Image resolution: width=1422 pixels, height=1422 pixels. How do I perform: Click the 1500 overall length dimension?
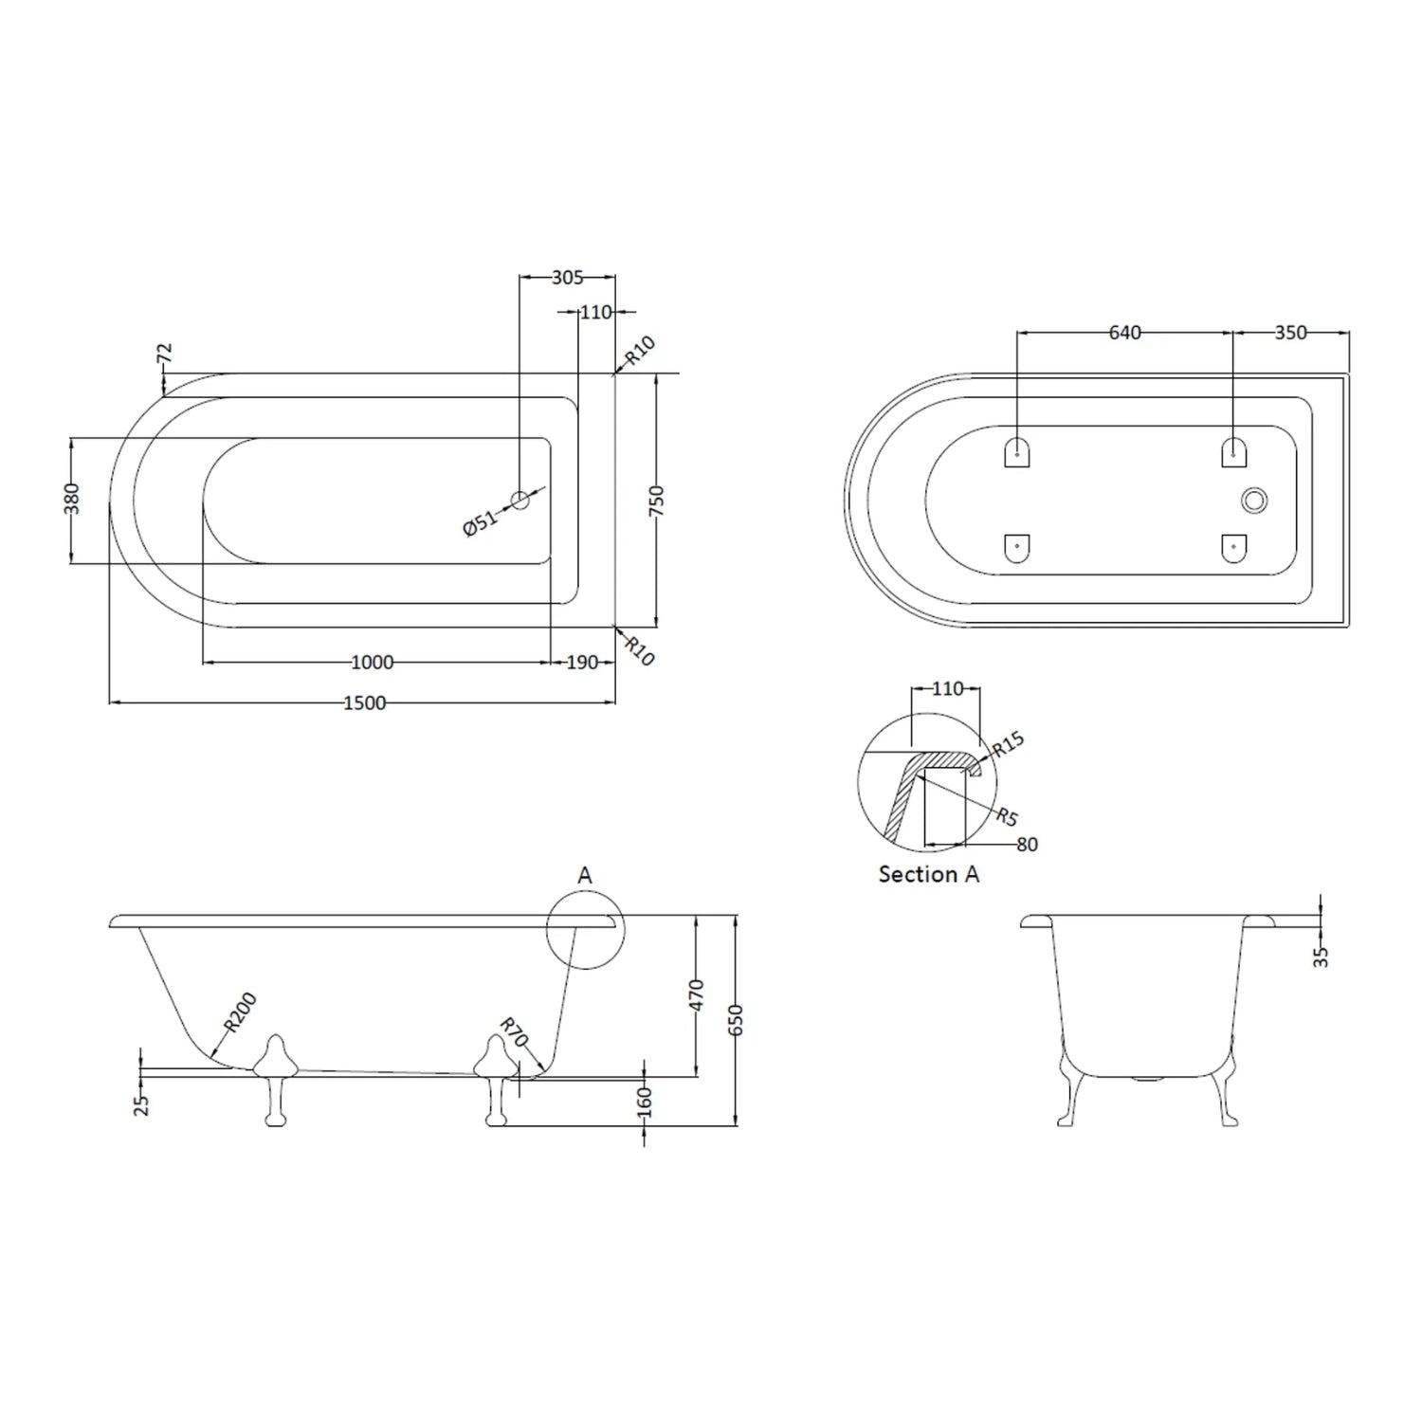click(365, 702)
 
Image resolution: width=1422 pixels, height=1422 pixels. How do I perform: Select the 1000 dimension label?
click(372, 663)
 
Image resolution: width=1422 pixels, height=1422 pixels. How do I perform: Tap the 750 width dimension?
click(657, 501)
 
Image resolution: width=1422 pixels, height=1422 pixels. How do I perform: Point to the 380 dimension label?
click(72, 499)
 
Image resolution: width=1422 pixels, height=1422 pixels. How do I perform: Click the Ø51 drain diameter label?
click(481, 522)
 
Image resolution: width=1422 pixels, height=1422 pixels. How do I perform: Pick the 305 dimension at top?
click(567, 277)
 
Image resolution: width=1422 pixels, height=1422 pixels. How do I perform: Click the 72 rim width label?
click(165, 355)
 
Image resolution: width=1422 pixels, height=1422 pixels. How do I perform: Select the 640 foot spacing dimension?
click(1124, 333)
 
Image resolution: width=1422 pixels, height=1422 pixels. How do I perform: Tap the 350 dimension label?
click(1290, 333)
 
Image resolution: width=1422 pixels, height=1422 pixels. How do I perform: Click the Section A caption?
click(928, 874)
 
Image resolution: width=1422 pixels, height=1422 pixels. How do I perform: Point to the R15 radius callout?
click(1008, 745)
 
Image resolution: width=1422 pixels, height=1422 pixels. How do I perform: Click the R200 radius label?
click(240, 1012)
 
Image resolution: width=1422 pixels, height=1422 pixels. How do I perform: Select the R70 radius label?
click(513, 1032)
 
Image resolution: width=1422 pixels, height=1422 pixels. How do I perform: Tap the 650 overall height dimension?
click(738, 1019)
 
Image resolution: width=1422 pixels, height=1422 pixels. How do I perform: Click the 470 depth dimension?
click(697, 995)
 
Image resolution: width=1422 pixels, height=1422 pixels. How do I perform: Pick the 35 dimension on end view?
click(1321, 957)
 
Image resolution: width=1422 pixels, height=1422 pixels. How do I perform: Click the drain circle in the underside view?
click(1254, 501)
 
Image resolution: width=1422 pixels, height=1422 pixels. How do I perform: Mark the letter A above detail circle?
click(585, 875)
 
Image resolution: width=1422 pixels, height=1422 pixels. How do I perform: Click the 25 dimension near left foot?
click(142, 1104)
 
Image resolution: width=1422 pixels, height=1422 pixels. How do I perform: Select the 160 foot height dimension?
click(645, 1102)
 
